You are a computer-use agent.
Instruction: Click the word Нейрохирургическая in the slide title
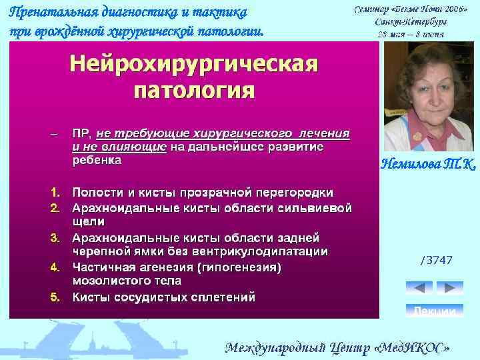(194, 65)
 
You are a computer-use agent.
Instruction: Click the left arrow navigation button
(419, 288)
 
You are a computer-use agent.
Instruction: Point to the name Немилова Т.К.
(427, 163)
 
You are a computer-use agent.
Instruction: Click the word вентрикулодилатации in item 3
(256, 251)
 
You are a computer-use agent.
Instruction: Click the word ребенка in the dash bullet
(97, 161)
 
